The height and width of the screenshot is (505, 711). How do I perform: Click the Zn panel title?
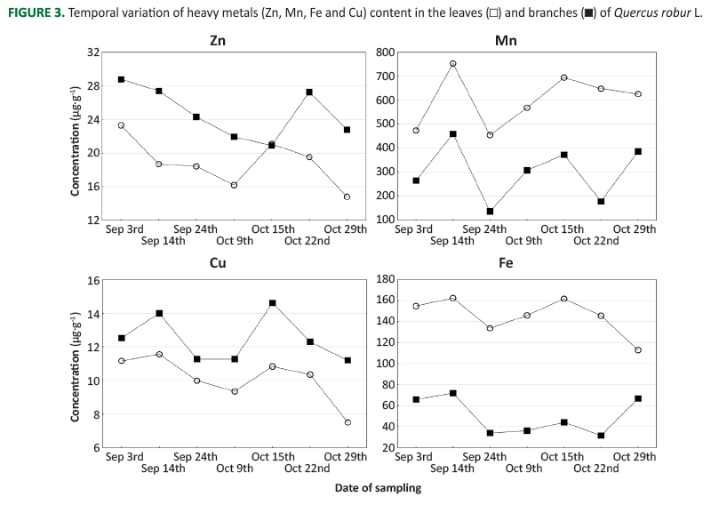tap(217, 41)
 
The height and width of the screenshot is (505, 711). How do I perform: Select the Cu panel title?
tap(217, 263)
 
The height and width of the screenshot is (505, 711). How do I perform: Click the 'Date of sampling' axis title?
tap(378, 487)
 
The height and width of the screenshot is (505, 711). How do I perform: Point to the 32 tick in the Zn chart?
tap(93, 53)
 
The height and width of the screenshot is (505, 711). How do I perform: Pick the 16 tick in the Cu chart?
tap(93, 280)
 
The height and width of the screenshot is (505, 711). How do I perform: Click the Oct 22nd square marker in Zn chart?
tap(309, 92)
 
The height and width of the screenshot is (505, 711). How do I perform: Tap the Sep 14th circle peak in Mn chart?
tap(452, 64)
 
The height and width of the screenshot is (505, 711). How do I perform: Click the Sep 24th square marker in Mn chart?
tap(490, 212)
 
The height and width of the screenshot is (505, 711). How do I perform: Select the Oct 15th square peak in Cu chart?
tap(272, 303)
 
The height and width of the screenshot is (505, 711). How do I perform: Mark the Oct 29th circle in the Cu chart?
tap(348, 422)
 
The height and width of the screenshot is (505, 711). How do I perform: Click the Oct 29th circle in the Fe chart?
tap(638, 350)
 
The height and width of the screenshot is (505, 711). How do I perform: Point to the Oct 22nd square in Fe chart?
tap(601, 436)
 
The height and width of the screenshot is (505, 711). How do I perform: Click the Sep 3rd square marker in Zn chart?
tap(121, 79)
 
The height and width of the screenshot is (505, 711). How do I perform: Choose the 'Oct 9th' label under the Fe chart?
tap(523, 468)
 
